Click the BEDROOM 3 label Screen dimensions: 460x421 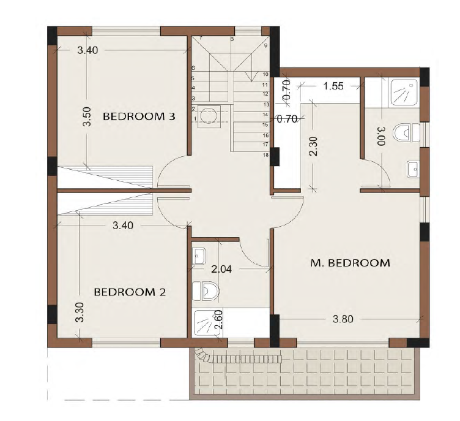[x=139, y=116]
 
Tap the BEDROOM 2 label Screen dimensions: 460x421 [x=130, y=292]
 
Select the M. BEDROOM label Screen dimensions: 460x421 [x=351, y=263]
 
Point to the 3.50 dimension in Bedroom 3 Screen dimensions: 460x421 [x=87, y=116]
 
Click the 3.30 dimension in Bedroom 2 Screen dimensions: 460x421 [x=80, y=312]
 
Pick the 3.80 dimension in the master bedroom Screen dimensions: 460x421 [x=343, y=319]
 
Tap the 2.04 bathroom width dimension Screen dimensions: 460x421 [x=221, y=268]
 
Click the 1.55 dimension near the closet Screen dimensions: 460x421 [x=333, y=86]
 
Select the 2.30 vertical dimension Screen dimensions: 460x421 [x=313, y=146]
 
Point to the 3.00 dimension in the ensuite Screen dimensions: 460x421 [x=381, y=137]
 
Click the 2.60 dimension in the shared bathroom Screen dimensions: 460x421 [x=219, y=319]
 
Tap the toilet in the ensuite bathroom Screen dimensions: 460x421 [x=407, y=132]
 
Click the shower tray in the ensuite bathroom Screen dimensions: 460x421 [x=404, y=93]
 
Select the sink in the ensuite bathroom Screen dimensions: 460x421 [x=414, y=169]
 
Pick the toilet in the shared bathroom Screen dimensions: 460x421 [x=205, y=291]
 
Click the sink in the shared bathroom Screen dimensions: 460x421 [x=199, y=256]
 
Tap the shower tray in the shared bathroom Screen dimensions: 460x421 [x=207, y=322]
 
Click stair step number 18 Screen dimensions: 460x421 [x=266, y=155]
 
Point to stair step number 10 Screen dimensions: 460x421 [x=265, y=74]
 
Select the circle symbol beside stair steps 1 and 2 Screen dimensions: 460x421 [x=209, y=115]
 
